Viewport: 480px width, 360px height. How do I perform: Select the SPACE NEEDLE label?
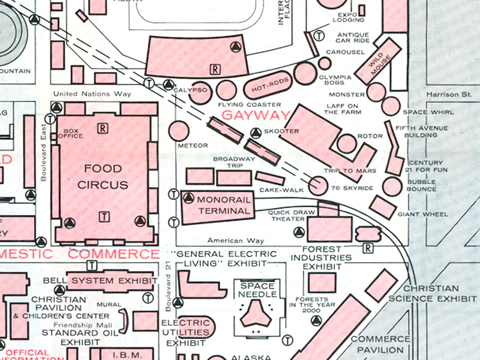[257, 290]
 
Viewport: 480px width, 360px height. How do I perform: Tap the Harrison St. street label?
[448, 95]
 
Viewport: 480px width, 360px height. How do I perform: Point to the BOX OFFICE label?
[71, 133]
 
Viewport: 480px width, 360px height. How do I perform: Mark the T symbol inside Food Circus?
[104, 217]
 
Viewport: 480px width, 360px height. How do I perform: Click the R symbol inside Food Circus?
[103, 128]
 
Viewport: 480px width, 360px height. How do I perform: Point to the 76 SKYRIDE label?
[356, 188]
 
